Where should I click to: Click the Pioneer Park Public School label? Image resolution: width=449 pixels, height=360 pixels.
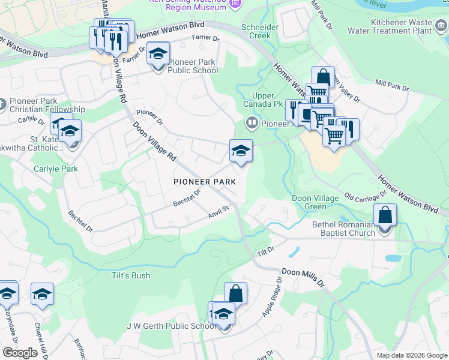tap(193, 66)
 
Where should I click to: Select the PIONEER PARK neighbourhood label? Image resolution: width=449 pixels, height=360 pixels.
tap(204, 181)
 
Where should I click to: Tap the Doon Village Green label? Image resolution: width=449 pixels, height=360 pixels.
tap(309, 202)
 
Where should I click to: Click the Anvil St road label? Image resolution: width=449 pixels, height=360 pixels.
tap(219, 210)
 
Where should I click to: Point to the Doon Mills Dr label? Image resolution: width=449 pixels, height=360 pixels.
tap(303, 277)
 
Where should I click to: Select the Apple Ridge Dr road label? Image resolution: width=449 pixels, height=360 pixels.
tap(271, 298)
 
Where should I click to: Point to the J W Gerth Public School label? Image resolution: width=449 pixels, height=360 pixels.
tap(170, 326)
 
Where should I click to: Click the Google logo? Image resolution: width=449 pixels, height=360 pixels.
tap(20, 353)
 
